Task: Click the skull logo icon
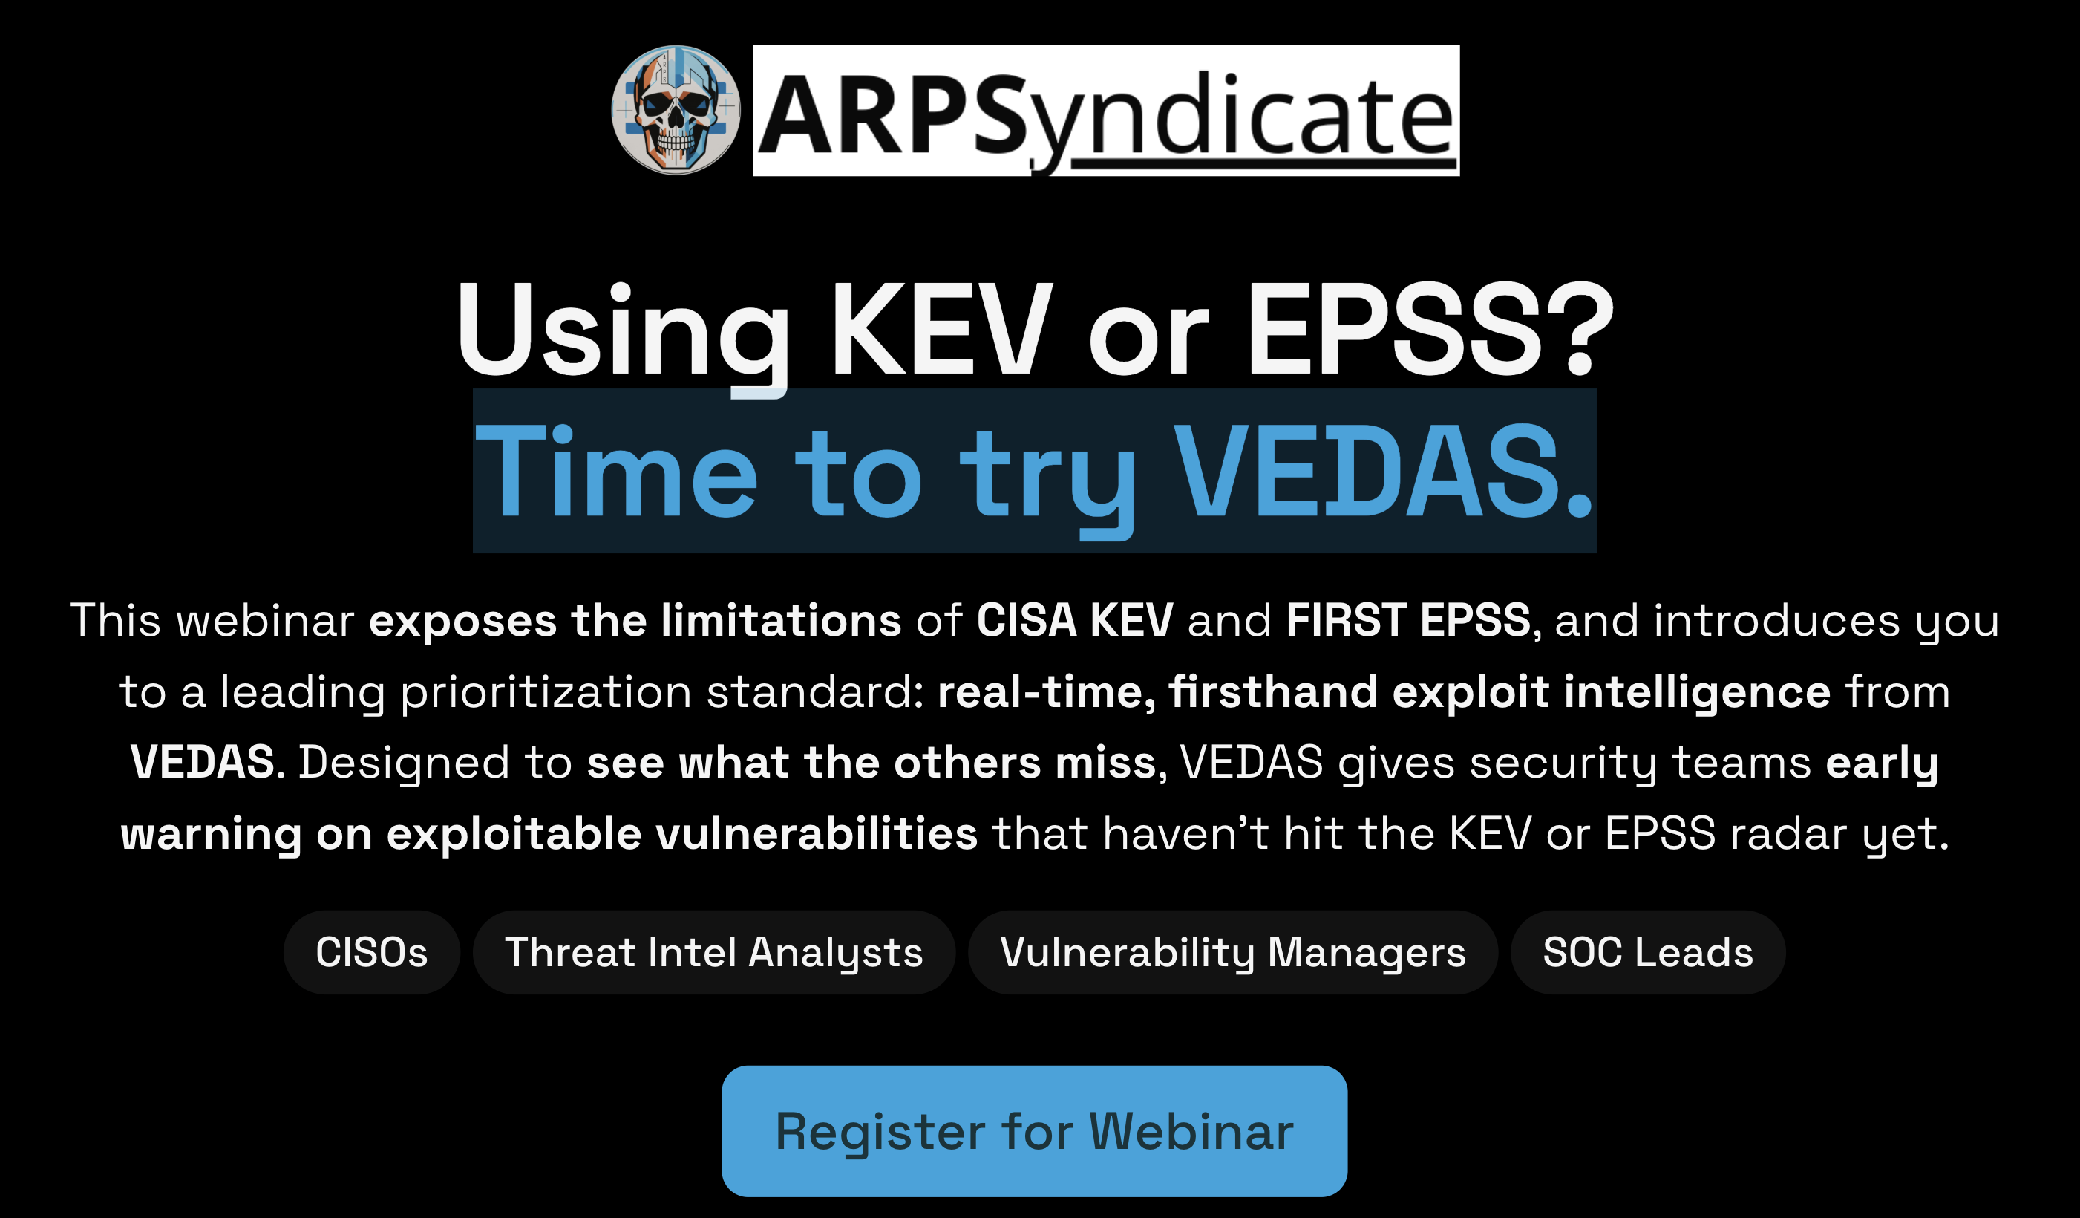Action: [x=676, y=110]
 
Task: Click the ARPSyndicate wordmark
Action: [x=1106, y=111]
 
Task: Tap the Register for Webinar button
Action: [x=1034, y=1131]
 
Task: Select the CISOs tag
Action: [x=371, y=952]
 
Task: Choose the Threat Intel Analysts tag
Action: [x=714, y=952]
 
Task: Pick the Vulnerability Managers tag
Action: [x=1233, y=952]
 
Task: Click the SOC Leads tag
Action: [x=1647, y=952]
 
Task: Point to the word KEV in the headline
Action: [x=941, y=330]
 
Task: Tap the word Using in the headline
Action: [x=623, y=330]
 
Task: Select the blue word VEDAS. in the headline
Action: [x=1382, y=472]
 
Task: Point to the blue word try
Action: [x=1047, y=472]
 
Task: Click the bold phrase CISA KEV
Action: [x=1075, y=620]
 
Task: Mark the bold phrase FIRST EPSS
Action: [x=1408, y=620]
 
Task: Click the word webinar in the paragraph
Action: [x=265, y=620]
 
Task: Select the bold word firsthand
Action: [x=1273, y=692]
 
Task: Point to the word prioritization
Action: [x=546, y=692]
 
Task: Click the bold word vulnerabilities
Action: [x=817, y=834]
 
